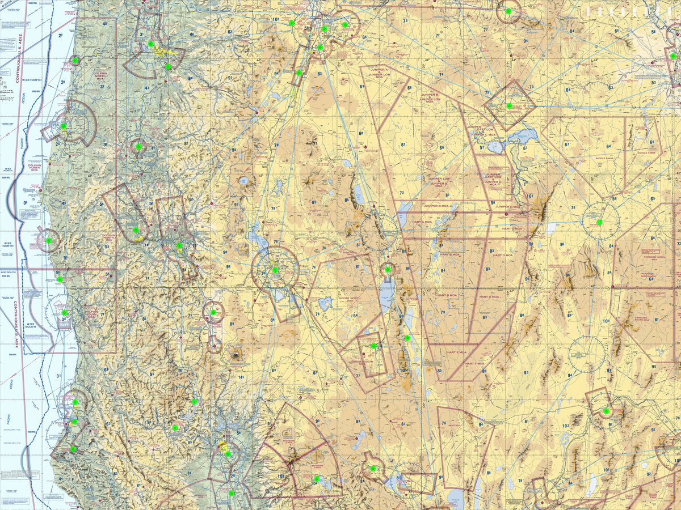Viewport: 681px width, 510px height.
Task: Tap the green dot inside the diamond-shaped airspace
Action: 509,106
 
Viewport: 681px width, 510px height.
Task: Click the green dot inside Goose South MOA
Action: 373,346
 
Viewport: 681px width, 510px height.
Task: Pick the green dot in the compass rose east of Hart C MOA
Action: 599,222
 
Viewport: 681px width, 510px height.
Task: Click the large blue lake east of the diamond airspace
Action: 523,136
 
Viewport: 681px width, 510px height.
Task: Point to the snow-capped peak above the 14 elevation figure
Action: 235,355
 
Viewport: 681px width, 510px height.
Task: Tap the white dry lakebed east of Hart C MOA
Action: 552,228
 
